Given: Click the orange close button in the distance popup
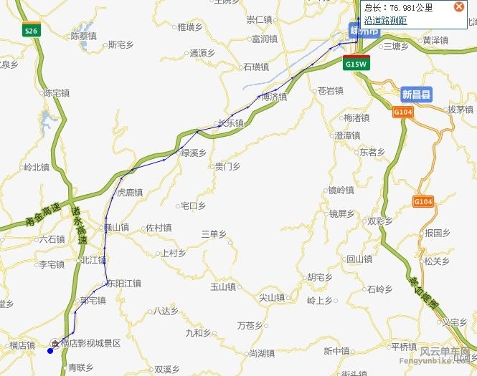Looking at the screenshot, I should pos(459,7).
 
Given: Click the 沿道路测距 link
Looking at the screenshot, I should pos(385,21).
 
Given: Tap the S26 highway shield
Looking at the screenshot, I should pos(30,32).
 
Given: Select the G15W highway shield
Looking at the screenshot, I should pos(356,64).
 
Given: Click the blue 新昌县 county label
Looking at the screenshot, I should pos(417,95).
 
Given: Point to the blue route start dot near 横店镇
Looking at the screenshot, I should pos(50,350).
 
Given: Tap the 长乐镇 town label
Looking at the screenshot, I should pos(230,122).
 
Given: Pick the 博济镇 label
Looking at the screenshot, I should pos(273,97).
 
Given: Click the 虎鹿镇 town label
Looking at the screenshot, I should pos(130,192).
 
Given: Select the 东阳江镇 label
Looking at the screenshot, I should pos(123,283).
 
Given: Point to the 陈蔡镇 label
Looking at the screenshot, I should pos(82,35).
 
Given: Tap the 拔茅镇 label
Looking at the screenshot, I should pos(460,110).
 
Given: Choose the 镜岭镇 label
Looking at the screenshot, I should pos(341,190).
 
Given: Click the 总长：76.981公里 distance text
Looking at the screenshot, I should pos(399,8).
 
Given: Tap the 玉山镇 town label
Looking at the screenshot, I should pos(222,286).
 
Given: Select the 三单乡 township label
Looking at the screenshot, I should pos(214,233).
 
